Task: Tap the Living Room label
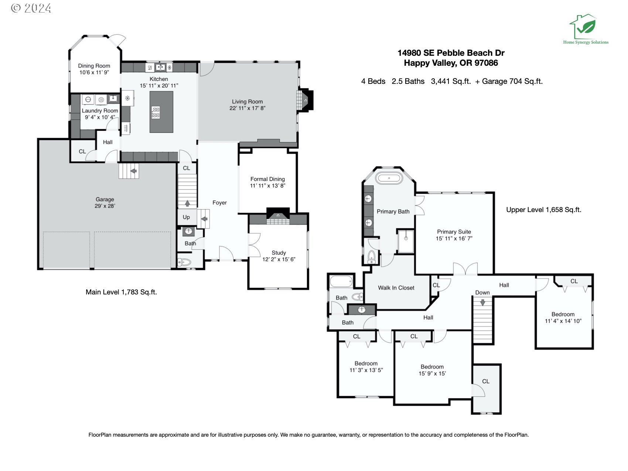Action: click(247, 102)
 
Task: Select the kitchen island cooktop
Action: click(156, 112)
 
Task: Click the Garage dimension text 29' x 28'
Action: click(105, 206)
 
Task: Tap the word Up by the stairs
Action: click(186, 217)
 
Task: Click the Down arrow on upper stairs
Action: click(482, 302)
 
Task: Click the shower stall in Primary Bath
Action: click(406, 241)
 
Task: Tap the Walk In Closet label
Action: click(396, 288)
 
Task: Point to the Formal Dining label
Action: click(267, 179)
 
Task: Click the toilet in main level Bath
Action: click(184, 262)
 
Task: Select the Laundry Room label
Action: click(100, 111)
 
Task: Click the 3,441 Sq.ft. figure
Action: click(451, 81)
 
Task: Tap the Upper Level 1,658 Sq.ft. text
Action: click(543, 210)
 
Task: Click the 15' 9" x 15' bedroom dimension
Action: click(432, 373)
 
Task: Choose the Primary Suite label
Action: click(454, 232)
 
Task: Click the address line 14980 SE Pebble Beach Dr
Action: click(451, 53)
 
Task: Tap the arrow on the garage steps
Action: click(133, 171)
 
